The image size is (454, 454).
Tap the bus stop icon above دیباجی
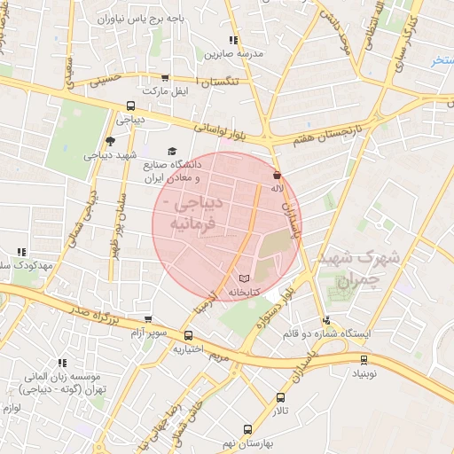click(x=131, y=106)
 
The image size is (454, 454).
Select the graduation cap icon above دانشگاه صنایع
click(x=172, y=152)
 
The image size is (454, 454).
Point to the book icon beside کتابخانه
click(x=245, y=278)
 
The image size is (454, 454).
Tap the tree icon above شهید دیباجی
click(x=110, y=141)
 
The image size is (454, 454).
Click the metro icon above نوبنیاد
click(x=364, y=360)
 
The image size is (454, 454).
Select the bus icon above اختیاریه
click(x=188, y=336)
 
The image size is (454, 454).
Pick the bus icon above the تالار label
click(x=281, y=398)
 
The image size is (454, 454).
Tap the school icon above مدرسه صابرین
click(x=233, y=40)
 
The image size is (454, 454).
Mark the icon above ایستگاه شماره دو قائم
click(x=327, y=321)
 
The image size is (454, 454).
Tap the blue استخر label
click(x=442, y=60)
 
